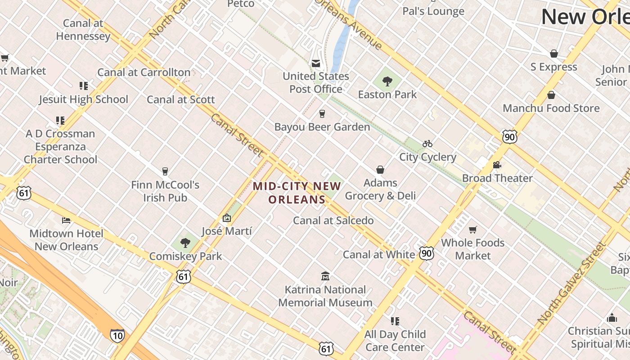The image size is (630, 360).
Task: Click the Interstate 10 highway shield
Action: pos(117,335)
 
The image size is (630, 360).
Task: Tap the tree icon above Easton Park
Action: pos(387,81)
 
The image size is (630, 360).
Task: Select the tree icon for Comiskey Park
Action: pos(185,243)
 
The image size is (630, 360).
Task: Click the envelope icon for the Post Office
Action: pos(316,63)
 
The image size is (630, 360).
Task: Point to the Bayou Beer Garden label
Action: pos(322,127)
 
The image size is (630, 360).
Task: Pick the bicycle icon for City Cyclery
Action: pos(427,144)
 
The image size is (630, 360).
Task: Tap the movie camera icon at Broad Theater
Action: pos(497,165)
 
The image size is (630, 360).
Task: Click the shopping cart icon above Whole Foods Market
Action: pos(472,230)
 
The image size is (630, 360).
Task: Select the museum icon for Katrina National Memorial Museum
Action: pos(325,276)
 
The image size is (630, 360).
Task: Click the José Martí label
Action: pos(226,231)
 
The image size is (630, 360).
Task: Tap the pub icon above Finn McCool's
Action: pos(165,171)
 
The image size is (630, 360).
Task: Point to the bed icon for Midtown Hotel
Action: pos(66,220)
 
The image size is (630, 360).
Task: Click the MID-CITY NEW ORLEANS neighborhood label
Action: pos(297,193)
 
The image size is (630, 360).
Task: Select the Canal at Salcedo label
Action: pos(333,220)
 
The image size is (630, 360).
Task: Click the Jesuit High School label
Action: pos(83,99)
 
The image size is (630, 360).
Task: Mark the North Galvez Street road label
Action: pos(572,283)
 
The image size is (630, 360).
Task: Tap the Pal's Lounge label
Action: pos(433,11)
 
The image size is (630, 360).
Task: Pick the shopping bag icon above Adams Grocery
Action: pos(380,170)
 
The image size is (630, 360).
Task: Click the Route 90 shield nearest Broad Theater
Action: pos(509,137)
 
